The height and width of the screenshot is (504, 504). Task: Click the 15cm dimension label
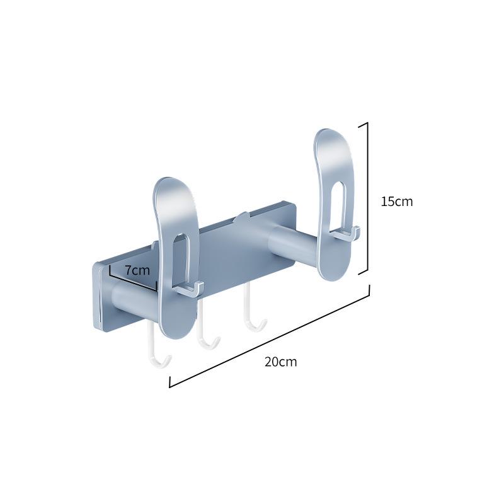(x=397, y=202)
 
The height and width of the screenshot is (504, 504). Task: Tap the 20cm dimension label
(x=281, y=362)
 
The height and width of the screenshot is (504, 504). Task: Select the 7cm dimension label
(x=137, y=271)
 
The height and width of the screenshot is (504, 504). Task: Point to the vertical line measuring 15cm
(x=367, y=198)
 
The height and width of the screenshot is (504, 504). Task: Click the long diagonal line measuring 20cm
(x=270, y=336)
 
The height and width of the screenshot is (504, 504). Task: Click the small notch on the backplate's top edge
(x=240, y=218)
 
